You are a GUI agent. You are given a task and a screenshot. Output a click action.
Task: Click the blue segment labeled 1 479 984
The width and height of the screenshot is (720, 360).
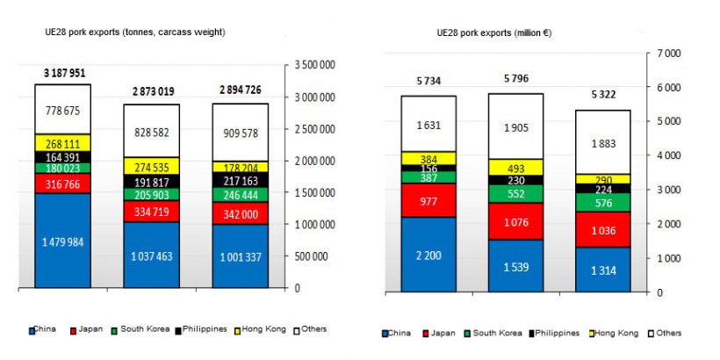(x=62, y=241)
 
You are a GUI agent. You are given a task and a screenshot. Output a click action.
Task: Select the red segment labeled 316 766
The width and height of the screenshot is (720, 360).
(x=62, y=184)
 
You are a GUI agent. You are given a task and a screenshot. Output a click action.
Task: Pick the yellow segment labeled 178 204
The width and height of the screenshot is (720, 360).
(x=240, y=167)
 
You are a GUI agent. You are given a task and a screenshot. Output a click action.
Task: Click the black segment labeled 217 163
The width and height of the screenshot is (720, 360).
(x=240, y=178)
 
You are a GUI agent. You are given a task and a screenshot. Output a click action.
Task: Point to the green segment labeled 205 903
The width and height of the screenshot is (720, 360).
(x=151, y=194)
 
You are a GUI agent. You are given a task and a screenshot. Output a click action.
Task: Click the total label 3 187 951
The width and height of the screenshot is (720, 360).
(x=61, y=73)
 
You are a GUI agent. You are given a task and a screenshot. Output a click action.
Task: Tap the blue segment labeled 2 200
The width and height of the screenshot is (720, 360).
(x=428, y=254)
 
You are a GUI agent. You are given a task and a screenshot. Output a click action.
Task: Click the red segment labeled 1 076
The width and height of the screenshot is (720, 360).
(x=516, y=222)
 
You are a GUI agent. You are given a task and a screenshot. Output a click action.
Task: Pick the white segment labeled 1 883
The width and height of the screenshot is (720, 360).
(x=603, y=143)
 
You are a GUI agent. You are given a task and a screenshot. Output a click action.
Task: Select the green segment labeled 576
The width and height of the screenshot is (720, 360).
(x=603, y=203)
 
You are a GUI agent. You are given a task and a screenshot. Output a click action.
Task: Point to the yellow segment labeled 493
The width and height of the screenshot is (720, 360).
(x=516, y=167)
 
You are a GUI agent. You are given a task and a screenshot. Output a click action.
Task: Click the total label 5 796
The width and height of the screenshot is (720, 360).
(x=516, y=79)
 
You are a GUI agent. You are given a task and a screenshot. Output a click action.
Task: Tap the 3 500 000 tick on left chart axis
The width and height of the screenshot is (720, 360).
(x=313, y=65)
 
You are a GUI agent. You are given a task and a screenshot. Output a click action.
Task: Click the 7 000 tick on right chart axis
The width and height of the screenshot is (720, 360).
(x=669, y=54)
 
